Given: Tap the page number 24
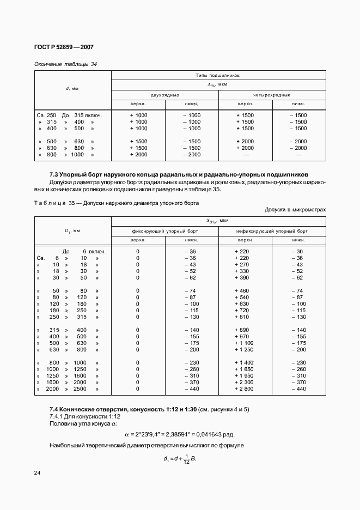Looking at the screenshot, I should point(38,472).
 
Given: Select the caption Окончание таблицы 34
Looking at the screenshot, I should point(65,64).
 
